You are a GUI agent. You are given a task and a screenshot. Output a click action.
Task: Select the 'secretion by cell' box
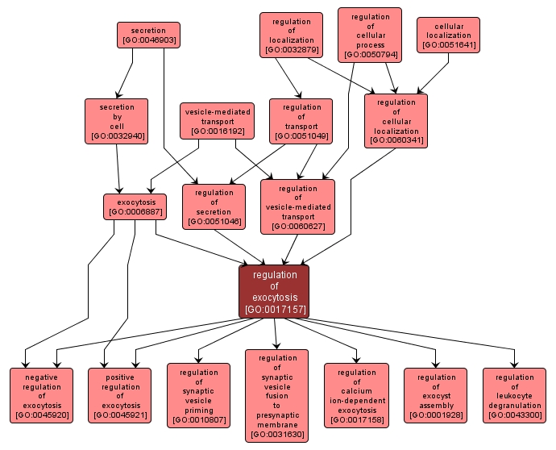pos(117,121)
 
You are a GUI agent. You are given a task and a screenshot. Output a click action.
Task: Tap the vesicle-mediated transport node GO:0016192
pos(215,120)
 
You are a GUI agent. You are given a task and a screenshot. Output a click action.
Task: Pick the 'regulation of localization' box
pos(291,35)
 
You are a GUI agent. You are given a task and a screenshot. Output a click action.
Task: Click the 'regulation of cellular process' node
pos(369,35)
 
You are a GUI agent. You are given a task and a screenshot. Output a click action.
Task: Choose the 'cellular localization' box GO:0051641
pos(448,35)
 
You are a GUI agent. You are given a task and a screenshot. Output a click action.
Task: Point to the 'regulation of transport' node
pos(301,121)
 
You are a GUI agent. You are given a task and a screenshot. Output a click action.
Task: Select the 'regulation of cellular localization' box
pos(396,121)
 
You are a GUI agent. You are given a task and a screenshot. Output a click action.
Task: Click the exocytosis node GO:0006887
pos(135,206)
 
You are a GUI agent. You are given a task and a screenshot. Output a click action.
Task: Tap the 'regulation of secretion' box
pos(214,206)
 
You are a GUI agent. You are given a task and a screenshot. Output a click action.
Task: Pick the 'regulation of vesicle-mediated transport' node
pos(297,206)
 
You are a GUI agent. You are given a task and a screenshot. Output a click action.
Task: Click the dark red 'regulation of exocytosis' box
pos(275,291)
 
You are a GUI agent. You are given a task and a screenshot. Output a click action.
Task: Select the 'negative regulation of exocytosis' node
pos(41,395)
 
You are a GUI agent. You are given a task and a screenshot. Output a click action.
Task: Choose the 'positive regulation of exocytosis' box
pos(120,395)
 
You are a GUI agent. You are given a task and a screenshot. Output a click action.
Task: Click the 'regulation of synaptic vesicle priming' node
pos(198,395)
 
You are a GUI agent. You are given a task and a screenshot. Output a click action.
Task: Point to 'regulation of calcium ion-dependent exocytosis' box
pos(356,395)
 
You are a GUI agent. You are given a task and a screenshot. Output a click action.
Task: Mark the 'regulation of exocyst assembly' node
pos(436,395)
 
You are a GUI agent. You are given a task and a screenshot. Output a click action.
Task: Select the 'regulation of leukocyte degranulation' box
pos(514,395)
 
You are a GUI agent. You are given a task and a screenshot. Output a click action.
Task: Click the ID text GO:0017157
pos(275,309)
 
